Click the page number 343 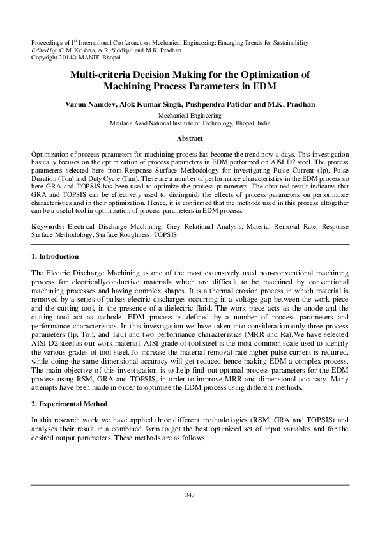pos(190,495)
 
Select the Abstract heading pos(190,138)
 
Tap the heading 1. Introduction pos(55,256)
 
